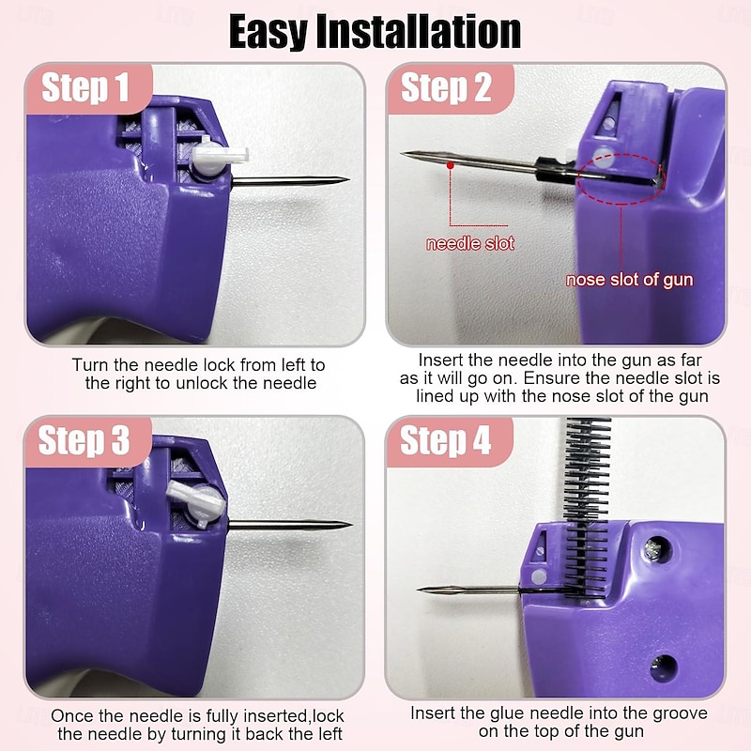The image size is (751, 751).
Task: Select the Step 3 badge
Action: (86, 440)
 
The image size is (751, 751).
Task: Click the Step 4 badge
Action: (447, 440)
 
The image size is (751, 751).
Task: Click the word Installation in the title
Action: (432, 32)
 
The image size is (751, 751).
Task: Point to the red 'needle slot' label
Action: (469, 244)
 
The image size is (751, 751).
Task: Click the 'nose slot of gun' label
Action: (630, 280)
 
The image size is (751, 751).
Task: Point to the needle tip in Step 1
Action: (345, 179)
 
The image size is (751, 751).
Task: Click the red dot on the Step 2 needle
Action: (451, 165)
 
